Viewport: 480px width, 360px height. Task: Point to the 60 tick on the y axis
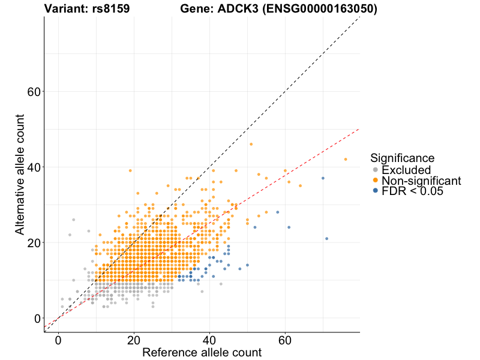tap(34, 91)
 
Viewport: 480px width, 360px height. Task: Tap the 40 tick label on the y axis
tap(34, 167)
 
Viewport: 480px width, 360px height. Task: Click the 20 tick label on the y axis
tap(34, 242)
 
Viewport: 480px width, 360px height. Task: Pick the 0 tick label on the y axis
tap(37, 318)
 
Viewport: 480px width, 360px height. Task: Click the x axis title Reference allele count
tap(202, 352)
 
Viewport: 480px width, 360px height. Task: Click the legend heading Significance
tap(402, 158)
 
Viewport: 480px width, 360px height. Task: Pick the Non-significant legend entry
tap(421, 181)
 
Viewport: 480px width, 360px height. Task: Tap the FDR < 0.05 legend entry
tap(415, 191)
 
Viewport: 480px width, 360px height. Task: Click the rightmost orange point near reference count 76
tap(346, 159)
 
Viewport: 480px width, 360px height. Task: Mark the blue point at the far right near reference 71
tap(327, 239)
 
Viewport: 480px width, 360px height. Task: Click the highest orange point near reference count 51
tap(251, 144)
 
